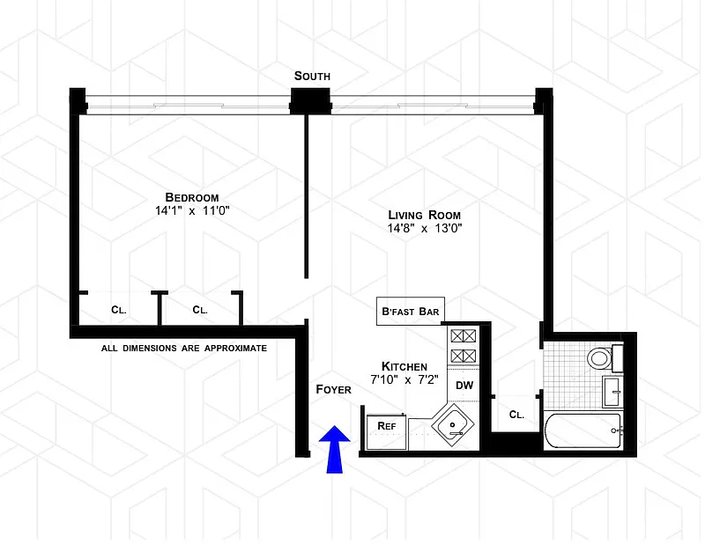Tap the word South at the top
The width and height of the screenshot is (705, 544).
(312, 77)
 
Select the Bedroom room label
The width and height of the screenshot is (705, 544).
(191, 197)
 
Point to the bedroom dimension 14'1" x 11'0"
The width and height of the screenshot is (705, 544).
(191, 211)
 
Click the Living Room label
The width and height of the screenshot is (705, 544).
(425, 215)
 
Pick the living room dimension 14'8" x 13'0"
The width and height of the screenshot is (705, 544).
(425, 229)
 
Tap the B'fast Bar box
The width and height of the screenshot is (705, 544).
(410, 311)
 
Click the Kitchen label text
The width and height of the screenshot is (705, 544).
(404, 366)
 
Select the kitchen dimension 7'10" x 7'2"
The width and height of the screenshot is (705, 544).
(404, 380)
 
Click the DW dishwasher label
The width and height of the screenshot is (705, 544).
(464, 386)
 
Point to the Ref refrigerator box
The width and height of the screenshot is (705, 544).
(385, 425)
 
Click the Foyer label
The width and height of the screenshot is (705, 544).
(335, 388)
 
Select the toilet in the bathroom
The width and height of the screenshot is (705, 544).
(600, 357)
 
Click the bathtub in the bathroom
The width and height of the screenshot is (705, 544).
(583, 431)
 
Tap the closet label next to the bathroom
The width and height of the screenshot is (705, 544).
(516, 415)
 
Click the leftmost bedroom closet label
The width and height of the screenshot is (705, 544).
(118, 310)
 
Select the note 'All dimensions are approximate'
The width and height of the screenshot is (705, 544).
(183, 349)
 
